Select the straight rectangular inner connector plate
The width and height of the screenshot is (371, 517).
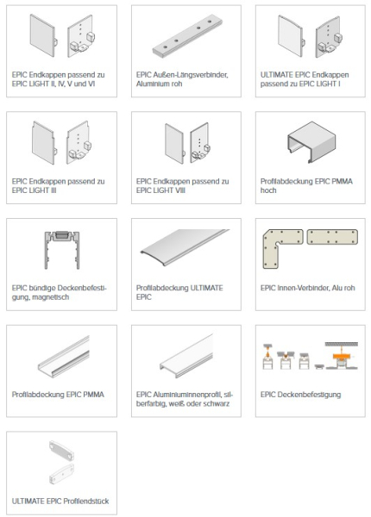point(332,237)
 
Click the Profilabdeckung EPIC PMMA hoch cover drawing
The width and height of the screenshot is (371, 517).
point(311,142)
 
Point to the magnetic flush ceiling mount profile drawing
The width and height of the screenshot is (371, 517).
point(62,250)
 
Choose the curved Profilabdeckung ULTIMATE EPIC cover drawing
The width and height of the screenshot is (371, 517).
point(185,246)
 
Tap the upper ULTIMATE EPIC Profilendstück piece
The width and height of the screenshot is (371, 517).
point(61,451)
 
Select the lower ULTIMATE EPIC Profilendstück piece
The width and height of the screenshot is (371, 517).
point(62,473)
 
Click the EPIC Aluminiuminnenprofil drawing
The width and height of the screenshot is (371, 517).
point(186,356)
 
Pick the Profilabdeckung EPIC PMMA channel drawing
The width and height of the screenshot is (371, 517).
point(63,357)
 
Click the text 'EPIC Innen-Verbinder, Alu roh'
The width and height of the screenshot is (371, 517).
point(308,288)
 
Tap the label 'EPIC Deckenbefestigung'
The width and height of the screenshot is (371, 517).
point(301,395)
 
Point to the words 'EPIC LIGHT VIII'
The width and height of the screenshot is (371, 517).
point(160,190)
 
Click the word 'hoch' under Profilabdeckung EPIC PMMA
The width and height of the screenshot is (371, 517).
point(268,190)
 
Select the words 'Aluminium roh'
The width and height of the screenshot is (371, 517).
point(159,84)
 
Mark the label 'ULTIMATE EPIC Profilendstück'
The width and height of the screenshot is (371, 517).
point(60,501)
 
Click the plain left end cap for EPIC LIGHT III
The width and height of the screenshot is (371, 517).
point(43,143)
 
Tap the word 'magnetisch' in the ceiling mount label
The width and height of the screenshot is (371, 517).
point(51,297)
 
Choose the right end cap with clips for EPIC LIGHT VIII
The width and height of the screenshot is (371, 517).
point(200,142)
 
